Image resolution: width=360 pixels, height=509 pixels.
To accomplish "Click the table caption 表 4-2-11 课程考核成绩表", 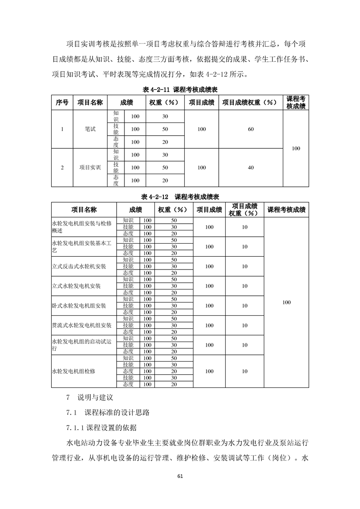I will [x=180, y=90].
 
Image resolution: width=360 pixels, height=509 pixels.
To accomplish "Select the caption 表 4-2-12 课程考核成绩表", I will [x=180, y=197].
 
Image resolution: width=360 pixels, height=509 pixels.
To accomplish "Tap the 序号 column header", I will [x=62, y=103].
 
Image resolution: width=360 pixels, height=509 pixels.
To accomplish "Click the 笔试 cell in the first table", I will [x=90, y=129].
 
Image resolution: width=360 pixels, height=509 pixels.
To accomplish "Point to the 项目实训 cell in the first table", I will [x=90, y=168].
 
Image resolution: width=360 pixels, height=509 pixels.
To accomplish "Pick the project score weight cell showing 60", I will [x=251, y=129].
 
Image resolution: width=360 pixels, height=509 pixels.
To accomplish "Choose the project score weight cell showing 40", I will [x=251, y=168].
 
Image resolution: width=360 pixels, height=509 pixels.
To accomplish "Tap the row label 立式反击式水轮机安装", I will [x=80, y=266].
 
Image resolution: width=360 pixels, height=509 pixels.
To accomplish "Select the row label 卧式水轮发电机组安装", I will [x=80, y=306].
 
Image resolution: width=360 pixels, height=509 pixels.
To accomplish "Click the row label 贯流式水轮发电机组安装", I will [x=82, y=325].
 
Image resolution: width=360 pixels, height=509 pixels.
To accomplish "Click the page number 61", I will [x=180, y=476].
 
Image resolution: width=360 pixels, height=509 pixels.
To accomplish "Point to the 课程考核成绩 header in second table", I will [x=286, y=210].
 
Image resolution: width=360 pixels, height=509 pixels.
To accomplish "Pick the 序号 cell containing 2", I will [x=62, y=168].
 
